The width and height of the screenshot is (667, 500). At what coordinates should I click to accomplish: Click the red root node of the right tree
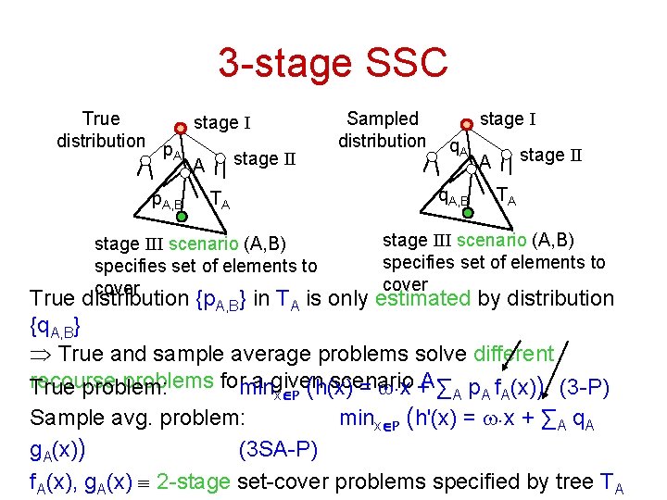tap(469, 122)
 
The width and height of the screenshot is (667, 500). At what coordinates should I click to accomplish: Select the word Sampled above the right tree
tap(382, 119)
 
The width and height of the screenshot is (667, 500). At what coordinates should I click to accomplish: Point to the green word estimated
tap(423, 298)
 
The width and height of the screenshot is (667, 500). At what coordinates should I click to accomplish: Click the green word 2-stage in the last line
tap(196, 481)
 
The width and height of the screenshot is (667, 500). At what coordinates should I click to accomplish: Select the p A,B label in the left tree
tap(168, 200)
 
